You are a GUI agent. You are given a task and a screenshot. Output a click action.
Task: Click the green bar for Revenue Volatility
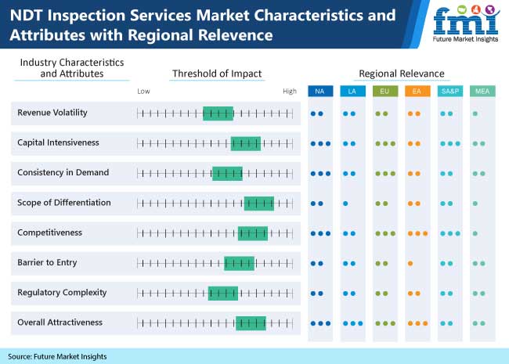tap(218, 114)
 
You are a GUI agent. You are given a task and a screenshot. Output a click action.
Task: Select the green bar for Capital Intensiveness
tap(245, 143)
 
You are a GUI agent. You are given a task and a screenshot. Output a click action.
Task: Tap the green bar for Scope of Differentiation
tap(258, 204)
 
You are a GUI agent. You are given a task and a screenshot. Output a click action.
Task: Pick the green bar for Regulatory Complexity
tap(222, 293)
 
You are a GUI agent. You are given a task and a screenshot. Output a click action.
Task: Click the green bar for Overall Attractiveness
tap(251, 323)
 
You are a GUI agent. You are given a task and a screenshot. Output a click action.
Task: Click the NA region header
tap(319, 92)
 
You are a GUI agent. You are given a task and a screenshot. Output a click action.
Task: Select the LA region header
tap(352, 92)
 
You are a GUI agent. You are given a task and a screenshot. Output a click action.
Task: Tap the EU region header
tap(384, 92)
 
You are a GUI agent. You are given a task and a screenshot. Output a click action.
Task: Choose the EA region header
tap(417, 92)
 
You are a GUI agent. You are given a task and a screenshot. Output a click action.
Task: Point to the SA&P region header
tap(449, 92)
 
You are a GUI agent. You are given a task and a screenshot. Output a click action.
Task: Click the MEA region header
tap(482, 92)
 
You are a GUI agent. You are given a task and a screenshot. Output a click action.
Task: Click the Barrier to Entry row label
tap(47, 262)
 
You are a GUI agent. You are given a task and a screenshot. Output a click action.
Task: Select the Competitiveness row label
tap(50, 232)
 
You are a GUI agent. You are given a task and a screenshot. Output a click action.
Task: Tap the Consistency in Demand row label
tap(63, 172)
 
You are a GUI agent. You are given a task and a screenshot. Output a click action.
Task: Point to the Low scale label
tap(143, 92)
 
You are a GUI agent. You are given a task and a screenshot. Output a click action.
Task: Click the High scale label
tap(290, 92)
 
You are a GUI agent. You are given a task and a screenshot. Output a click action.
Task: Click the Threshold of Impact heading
tap(217, 74)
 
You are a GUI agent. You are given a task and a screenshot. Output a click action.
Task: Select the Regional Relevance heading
tap(401, 74)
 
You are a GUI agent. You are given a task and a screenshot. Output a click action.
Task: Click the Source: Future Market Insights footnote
tap(58, 356)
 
